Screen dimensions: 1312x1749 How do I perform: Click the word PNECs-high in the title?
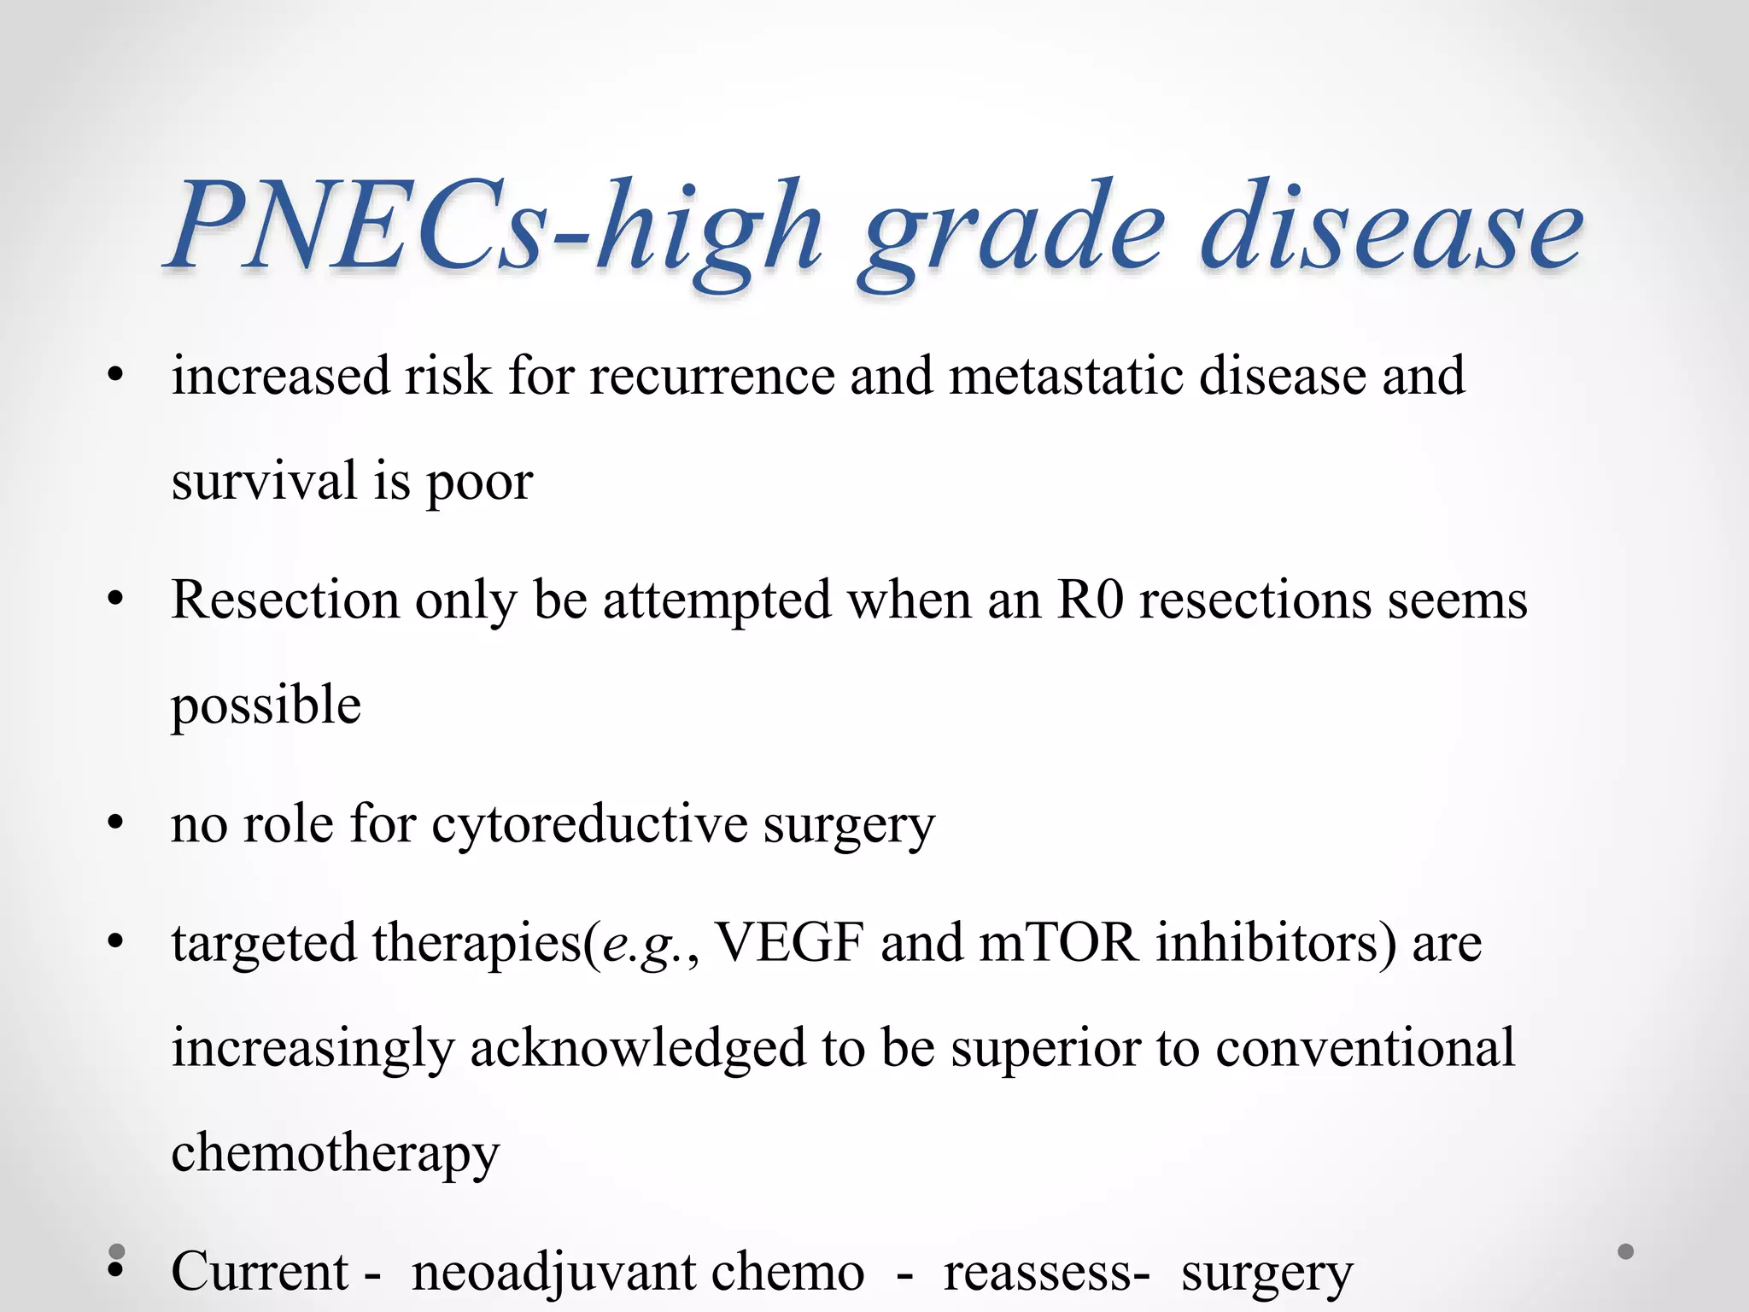[x=495, y=226]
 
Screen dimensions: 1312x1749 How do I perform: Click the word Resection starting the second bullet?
[x=284, y=600]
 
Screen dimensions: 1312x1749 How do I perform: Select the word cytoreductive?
[x=589, y=826]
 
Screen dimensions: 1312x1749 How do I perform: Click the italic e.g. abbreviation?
[x=646, y=945]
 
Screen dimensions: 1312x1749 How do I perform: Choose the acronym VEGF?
[x=789, y=943]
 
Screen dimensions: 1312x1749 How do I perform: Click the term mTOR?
[x=1058, y=943]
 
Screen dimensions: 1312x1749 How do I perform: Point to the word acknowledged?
[x=638, y=1049]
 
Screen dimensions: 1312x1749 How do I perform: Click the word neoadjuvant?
[x=637, y=1272]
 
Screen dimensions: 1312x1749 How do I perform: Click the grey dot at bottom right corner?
[x=1626, y=1252]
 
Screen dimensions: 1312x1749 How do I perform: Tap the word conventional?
[x=1365, y=1049]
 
